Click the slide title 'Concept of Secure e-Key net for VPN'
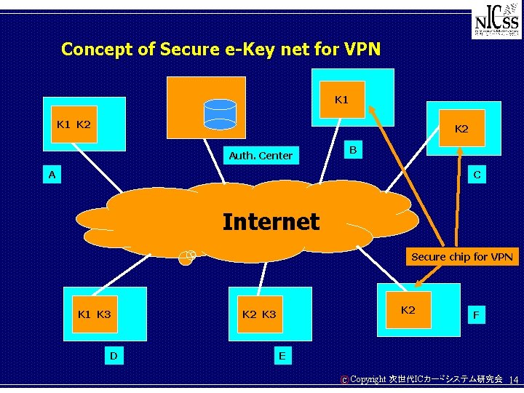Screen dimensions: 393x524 click(221, 49)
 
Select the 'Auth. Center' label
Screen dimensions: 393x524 click(261, 155)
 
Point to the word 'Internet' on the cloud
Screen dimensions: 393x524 click(271, 221)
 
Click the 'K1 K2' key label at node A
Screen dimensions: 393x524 click(74, 124)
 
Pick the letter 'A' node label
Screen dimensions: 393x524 click(52, 175)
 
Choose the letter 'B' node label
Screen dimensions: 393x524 click(352, 150)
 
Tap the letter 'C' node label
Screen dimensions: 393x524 click(477, 175)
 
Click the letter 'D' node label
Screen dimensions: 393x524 click(114, 355)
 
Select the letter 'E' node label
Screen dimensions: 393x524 click(282, 355)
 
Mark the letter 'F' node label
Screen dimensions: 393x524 click(476, 315)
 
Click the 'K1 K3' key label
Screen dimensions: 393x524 click(94, 314)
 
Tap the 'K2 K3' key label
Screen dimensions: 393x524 click(259, 314)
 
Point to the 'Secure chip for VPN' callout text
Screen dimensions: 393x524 click(461, 256)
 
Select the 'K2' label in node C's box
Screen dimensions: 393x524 click(461, 129)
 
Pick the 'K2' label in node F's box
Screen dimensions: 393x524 click(408, 310)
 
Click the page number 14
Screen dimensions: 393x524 click(513, 380)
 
